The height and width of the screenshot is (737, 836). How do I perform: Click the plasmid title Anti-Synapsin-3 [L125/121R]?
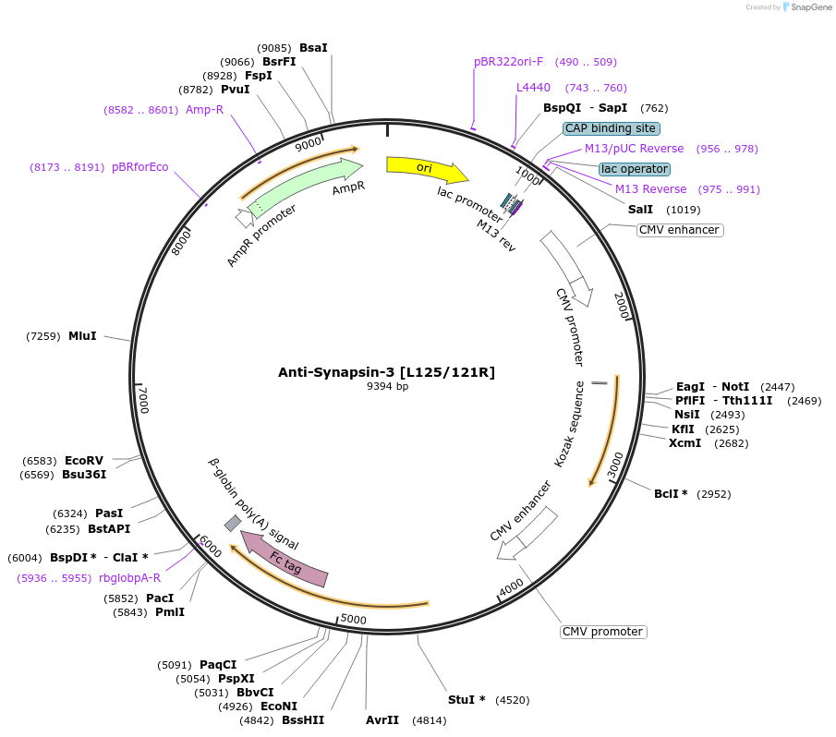386,372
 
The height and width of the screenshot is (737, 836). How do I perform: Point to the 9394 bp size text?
387,387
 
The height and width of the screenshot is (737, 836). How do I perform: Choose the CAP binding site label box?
612,128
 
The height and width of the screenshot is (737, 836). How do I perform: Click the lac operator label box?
634,169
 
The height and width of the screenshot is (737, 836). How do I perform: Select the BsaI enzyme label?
313,47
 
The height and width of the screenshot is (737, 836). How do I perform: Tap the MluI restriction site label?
82,336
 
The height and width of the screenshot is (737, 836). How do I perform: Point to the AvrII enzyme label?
382,719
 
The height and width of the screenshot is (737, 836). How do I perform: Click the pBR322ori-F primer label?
508,62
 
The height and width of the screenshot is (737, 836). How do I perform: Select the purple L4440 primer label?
533,88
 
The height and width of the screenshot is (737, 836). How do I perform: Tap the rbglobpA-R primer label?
129,578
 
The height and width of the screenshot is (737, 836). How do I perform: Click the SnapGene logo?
806,7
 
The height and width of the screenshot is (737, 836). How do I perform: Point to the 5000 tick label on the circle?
354,619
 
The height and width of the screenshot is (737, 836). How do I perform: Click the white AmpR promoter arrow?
244,219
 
